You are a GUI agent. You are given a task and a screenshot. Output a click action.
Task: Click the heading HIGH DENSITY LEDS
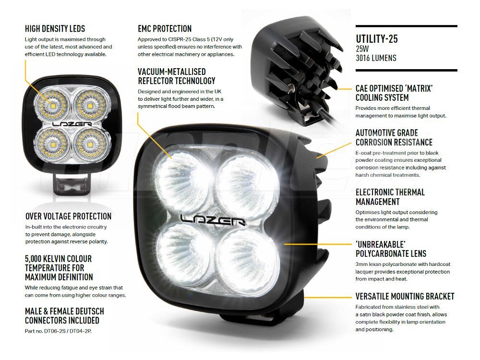pos(55,28)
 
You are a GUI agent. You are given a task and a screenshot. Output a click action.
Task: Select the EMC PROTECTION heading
pos(164,28)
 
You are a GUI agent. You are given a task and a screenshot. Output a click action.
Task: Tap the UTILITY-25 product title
pos(376,39)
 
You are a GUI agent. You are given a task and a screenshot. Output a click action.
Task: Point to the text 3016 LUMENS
pos(376,58)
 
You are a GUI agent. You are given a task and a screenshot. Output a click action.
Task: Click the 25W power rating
pos(362,48)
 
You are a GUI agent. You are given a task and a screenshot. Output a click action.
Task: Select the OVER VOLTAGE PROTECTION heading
pos(68,216)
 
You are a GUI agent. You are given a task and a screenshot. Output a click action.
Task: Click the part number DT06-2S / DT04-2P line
pos(58,331)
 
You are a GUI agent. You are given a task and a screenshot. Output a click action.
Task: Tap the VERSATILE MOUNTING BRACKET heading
pos(405,296)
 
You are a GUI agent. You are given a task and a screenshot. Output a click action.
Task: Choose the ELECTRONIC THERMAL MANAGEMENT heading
pos(390,197)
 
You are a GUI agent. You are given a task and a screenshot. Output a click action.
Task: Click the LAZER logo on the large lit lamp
pos(213,219)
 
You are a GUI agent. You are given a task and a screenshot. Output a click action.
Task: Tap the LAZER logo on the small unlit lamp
pos(72,124)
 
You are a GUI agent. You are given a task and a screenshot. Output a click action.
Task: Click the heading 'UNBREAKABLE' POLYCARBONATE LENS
pos(391,249)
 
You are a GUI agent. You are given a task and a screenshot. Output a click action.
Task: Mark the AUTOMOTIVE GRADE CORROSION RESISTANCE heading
pos(394,137)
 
